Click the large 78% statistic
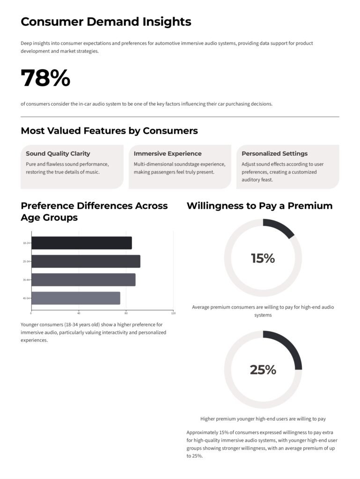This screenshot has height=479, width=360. [x=45, y=78]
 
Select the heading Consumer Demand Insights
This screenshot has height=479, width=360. [x=106, y=22]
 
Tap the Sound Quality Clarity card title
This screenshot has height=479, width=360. [x=58, y=153]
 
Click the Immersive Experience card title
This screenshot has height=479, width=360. [x=168, y=153]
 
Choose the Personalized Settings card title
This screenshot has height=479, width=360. [x=274, y=153]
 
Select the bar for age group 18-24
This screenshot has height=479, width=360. [x=81, y=243]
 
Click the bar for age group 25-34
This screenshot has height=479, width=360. [x=86, y=261]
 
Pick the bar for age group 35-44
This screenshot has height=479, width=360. [x=83, y=280]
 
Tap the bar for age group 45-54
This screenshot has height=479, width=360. [x=76, y=298]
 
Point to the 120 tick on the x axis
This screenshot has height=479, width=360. [x=173, y=313]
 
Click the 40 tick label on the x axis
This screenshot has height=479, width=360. [x=79, y=313]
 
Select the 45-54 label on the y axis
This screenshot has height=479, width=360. [x=26, y=298]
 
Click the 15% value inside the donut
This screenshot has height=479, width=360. [x=263, y=258]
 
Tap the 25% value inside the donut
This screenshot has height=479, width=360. [x=263, y=370]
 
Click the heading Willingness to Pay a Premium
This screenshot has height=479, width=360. [x=259, y=206]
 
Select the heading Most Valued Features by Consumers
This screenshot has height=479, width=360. [x=109, y=131]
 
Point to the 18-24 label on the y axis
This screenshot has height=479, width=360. [x=26, y=243]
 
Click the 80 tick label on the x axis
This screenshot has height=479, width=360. [x=126, y=313]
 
